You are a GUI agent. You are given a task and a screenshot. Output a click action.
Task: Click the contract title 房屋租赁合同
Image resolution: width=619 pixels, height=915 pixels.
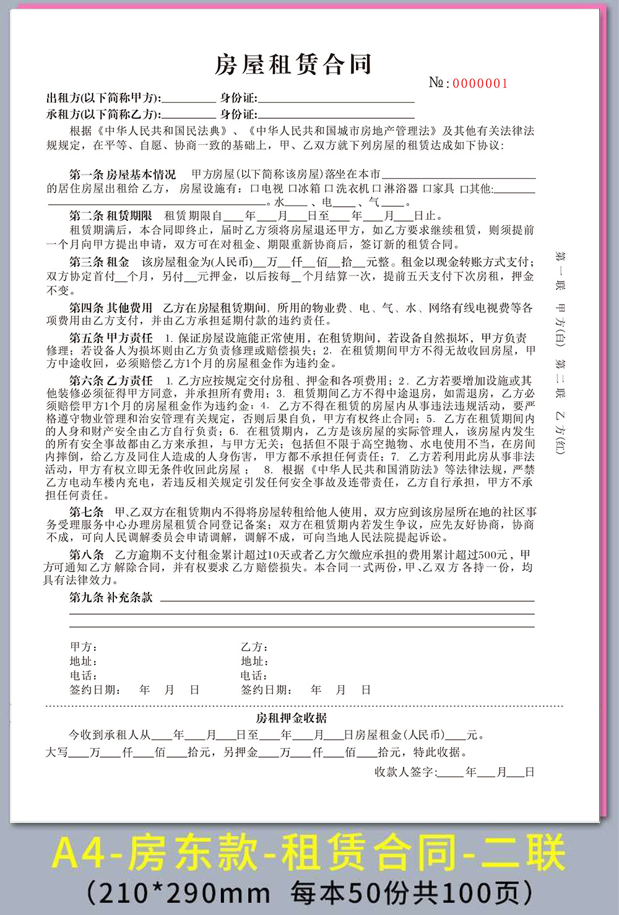[x=293, y=64]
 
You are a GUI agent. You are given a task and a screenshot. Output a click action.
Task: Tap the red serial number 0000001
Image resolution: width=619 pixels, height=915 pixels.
[x=480, y=84]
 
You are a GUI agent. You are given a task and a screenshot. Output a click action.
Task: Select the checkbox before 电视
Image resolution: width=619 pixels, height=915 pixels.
[x=254, y=188]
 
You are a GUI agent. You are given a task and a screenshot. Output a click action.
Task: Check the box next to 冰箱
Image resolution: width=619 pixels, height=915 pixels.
[x=292, y=188]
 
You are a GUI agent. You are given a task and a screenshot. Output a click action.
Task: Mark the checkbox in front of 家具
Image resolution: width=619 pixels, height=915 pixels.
[x=427, y=188]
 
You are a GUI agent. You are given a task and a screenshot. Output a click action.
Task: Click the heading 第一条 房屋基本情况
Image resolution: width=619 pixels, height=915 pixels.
[x=123, y=175]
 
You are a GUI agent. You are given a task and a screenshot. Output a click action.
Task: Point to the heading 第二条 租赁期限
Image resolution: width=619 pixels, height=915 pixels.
[x=111, y=216]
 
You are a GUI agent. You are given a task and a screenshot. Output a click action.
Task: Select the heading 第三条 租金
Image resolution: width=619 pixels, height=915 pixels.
[x=99, y=262]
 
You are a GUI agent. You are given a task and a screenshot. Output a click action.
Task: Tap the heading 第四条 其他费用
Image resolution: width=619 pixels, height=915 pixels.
[x=111, y=308]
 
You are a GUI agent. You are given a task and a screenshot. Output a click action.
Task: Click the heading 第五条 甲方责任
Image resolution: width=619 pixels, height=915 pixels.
[x=111, y=338]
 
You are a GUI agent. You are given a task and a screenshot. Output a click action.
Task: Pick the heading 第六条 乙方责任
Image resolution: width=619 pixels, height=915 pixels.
[x=111, y=381]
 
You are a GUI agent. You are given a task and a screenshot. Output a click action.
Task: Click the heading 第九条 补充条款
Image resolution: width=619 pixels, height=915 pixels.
[x=111, y=597]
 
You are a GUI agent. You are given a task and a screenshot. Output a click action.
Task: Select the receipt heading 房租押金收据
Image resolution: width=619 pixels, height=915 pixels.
[x=292, y=718]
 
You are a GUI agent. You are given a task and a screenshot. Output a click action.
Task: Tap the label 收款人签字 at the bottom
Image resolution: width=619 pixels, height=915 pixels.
[x=405, y=772]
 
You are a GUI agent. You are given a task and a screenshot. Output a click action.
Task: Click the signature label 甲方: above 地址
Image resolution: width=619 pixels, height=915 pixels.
[x=83, y=647]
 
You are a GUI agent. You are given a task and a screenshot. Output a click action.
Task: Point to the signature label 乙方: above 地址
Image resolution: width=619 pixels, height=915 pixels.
[x=254, y=647]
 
